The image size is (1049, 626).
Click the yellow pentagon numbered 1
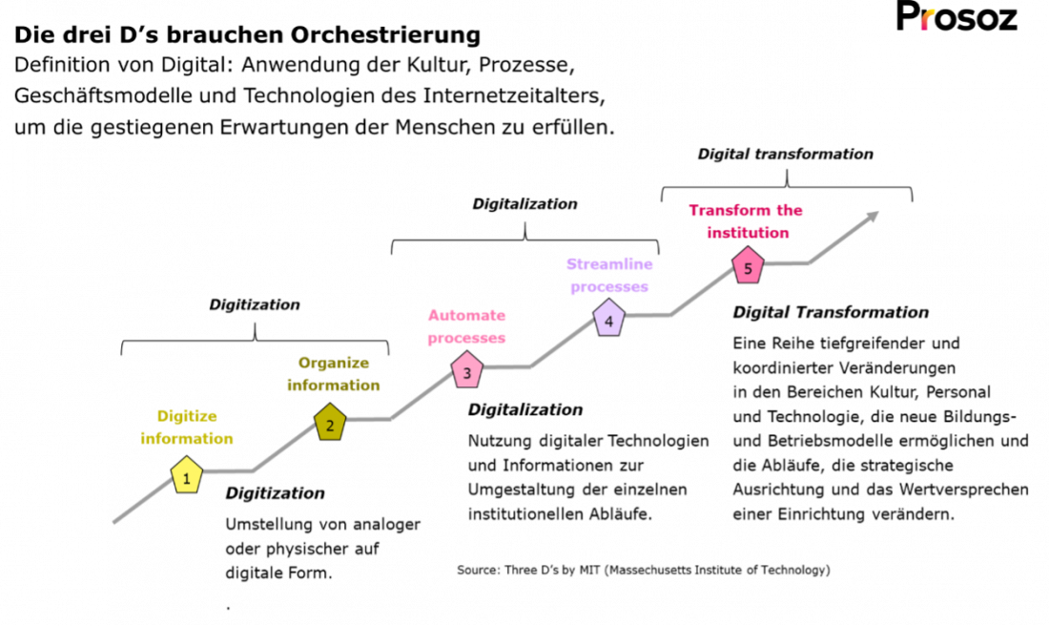(x=187, y=475)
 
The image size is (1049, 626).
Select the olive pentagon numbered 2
(x=330, y=423)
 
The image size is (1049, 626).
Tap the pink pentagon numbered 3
(x=466, y=370)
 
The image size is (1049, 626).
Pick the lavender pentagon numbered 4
(x=608, y=319)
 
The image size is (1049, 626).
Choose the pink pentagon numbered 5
(x=748, y=266)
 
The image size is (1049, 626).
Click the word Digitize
(x=187, y=416)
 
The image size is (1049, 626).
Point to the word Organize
(x=334, y=363)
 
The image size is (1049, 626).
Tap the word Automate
(x=467, y=315)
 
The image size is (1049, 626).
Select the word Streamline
(x=609, y=263)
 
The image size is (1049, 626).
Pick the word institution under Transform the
(x=748, y=233)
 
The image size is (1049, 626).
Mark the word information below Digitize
(x=187, y=439)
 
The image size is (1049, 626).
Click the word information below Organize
(x=334, y=386)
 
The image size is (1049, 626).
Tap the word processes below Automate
(x=467, y=338)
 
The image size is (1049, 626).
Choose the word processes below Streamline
(x=609, y=286)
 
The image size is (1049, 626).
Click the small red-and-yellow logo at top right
(x=927, y=19)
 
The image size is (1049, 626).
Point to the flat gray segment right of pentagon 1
(x=229, y=470)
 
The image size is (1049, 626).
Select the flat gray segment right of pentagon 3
(x=507, y=366)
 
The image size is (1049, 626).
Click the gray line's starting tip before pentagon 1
(x=115, y=522)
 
